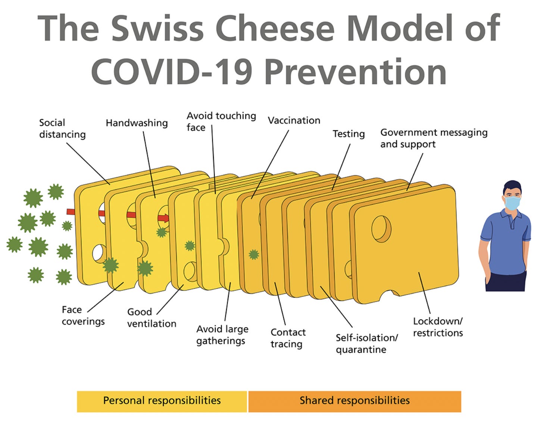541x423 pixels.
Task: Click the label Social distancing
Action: pos(62,129)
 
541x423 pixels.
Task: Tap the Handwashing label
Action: pos(137,123)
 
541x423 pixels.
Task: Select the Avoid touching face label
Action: pos(221,122)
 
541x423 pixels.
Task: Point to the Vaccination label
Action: pos(294,120)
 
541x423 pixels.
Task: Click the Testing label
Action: pos(349,134)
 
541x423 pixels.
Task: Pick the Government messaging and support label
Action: pos(434,138)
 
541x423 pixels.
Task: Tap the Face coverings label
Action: pos(83,316)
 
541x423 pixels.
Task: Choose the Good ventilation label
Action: pos(151,318)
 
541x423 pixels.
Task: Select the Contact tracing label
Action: pos(288,338)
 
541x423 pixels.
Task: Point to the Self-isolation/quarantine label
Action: pos(367,344)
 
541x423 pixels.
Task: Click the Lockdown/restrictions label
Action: pos(438,327)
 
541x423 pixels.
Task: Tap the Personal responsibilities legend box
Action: pos(162,401)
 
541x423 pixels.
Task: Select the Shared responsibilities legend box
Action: pos(354,401)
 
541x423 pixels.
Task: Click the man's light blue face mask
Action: pos(512,203)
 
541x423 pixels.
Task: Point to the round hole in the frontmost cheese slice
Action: pos(381,229)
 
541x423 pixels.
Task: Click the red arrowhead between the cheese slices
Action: pos(163,218)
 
